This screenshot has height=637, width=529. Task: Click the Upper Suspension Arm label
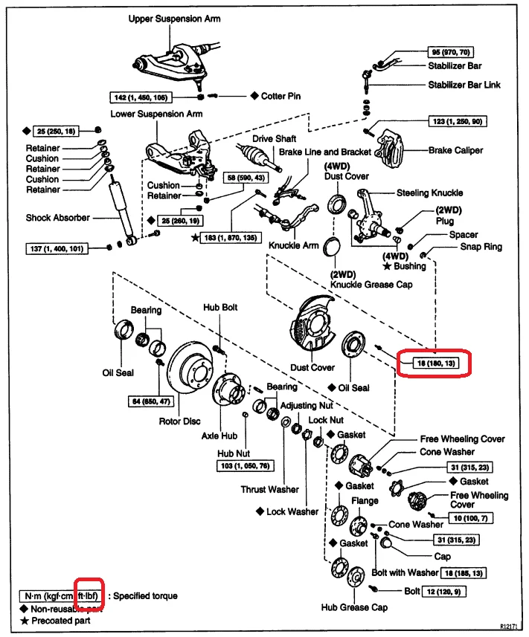click(x=173, y=18)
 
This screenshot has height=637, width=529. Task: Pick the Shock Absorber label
click(x=57, y=218)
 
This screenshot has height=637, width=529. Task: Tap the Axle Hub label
click(x=219, y=436)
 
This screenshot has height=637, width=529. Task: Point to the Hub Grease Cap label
click(x=354, y=607)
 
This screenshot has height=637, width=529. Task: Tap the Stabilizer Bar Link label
click(x=464, y=85)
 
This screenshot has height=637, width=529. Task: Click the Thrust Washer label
click(x=269, y=490)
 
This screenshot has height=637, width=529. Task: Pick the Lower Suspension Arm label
click(x=156, y=114)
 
